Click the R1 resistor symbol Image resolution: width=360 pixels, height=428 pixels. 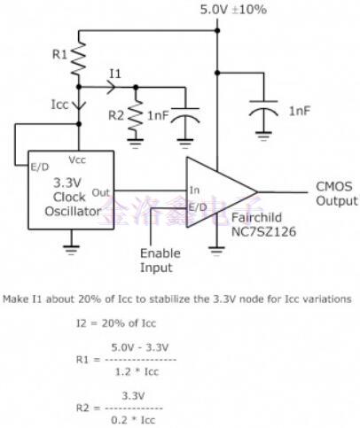pos(79,56)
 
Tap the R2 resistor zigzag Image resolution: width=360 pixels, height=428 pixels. pos(135,113)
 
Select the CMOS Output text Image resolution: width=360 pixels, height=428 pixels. pos(335,193)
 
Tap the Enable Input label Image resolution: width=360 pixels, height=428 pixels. pos(160,260)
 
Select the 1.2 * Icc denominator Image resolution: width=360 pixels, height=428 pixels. pos(138,372)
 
